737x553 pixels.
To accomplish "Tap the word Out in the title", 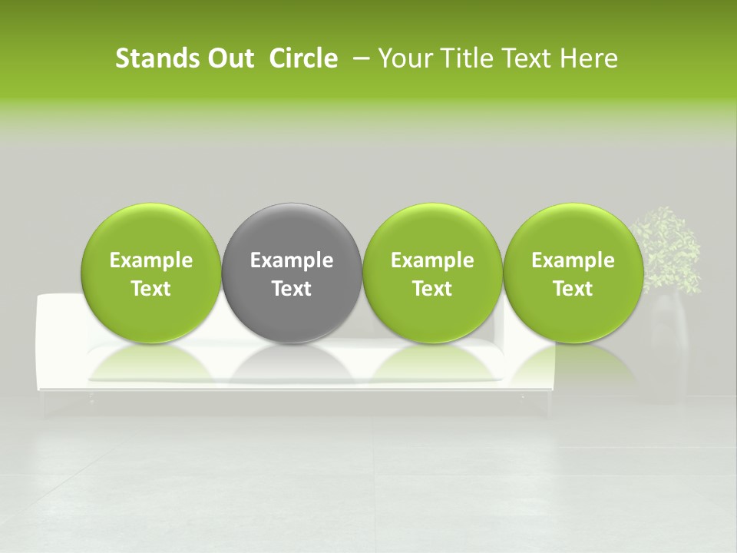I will point(228,58).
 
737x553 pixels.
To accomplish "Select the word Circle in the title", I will point(303,58).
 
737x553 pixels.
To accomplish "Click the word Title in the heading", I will point(467,58).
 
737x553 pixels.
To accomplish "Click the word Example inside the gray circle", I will point(292,261).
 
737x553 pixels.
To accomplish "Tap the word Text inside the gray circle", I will point(292,289).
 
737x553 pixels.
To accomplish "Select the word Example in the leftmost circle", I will point(151,261).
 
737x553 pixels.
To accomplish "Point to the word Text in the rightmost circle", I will point(573,289).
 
